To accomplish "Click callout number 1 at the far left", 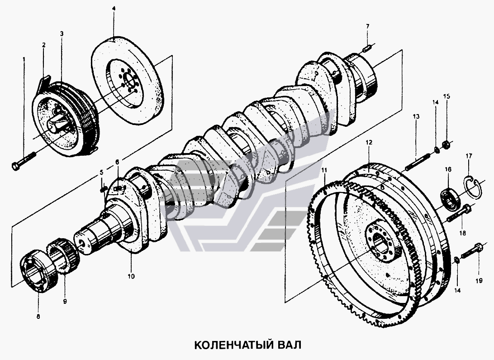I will (x=24, y=59).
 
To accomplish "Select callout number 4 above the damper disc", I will (x=114, y=8).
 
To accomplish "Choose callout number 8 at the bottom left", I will (x=38, y=317).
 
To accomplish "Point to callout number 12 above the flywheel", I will (x=369, y=142).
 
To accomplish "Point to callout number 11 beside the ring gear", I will (x=324, y=170).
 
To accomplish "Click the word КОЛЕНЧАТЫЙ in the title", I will (x=231, y=345).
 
